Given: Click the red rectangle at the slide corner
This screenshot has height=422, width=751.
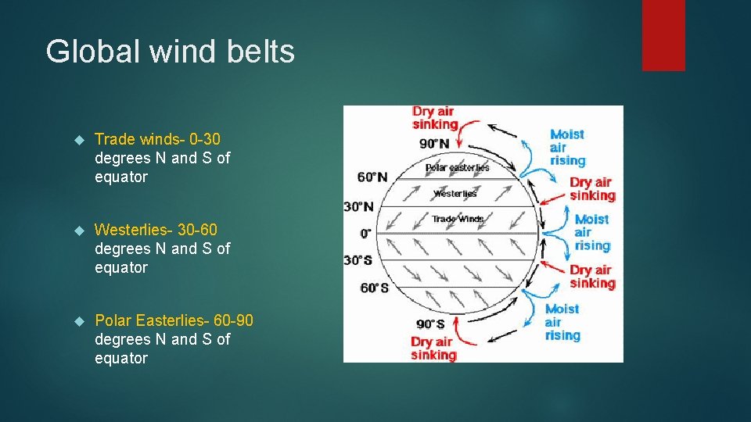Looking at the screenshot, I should [663, 34].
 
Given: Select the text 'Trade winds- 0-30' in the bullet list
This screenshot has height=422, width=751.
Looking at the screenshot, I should [157, 139].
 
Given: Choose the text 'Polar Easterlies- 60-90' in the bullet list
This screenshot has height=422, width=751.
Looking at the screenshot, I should [174, 320].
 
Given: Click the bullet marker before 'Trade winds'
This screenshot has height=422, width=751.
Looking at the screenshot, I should [78, 140].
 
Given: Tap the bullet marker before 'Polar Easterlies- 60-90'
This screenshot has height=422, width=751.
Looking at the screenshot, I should [78, 321].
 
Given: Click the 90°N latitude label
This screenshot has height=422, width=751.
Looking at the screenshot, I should [434, 143].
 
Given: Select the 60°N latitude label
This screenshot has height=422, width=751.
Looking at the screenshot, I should [372, 177].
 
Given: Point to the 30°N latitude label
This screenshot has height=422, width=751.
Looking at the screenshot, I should [358, 206].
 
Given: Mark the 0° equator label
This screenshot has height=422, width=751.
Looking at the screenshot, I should [366, 233].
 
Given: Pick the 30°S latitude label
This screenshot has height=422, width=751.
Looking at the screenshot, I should [358, 259].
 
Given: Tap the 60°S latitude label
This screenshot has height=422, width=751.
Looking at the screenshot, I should [374, 288].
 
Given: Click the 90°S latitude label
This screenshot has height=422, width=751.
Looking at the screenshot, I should [431, 324].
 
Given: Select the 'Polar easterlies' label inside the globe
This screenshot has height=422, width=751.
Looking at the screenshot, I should [457, 167].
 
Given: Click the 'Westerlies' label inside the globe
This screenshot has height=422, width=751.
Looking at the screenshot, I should [455, 193].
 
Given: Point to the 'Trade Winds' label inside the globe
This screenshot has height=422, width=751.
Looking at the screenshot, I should [457, 219].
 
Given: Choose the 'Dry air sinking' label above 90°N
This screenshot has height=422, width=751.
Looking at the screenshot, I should [434, 118].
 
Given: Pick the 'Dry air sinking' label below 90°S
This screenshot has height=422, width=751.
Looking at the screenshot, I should [433, 349].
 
